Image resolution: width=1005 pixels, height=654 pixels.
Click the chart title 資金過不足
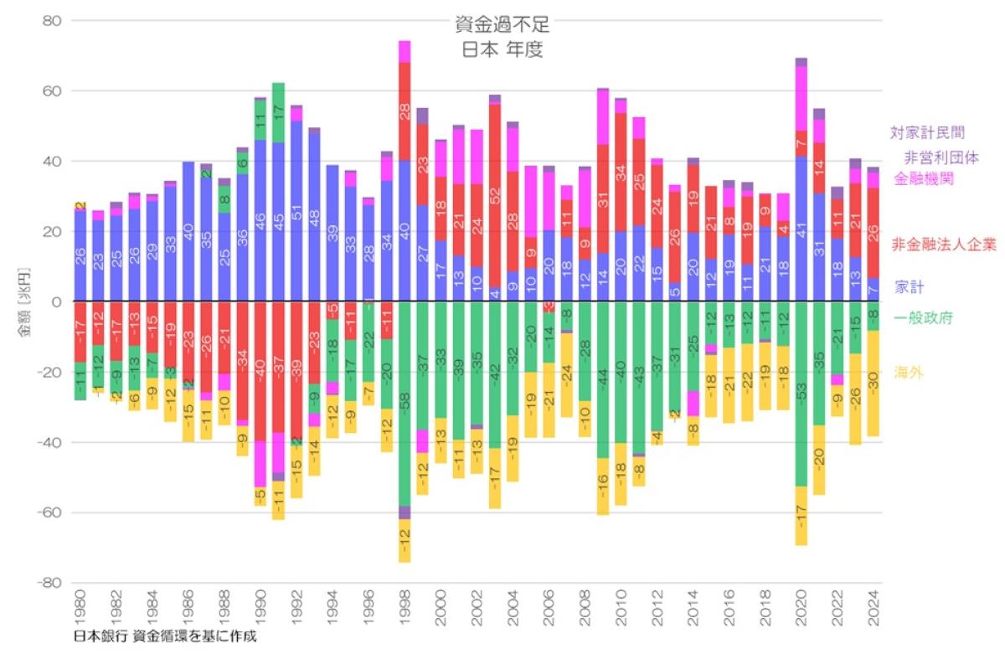point(502,25)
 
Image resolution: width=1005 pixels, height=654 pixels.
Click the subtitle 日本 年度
point(502,49)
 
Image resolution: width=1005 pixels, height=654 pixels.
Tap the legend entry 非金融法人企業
point(944,245)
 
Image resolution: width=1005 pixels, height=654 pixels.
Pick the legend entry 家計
point(909,287)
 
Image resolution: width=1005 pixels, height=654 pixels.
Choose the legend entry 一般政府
point(923,318)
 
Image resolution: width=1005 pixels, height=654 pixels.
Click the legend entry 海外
point(909,372)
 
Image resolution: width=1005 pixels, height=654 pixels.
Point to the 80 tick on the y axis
point(52,20)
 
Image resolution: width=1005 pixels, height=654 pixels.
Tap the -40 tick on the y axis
point(49,442)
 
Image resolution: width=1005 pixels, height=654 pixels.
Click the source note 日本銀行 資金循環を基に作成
point(164,636)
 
